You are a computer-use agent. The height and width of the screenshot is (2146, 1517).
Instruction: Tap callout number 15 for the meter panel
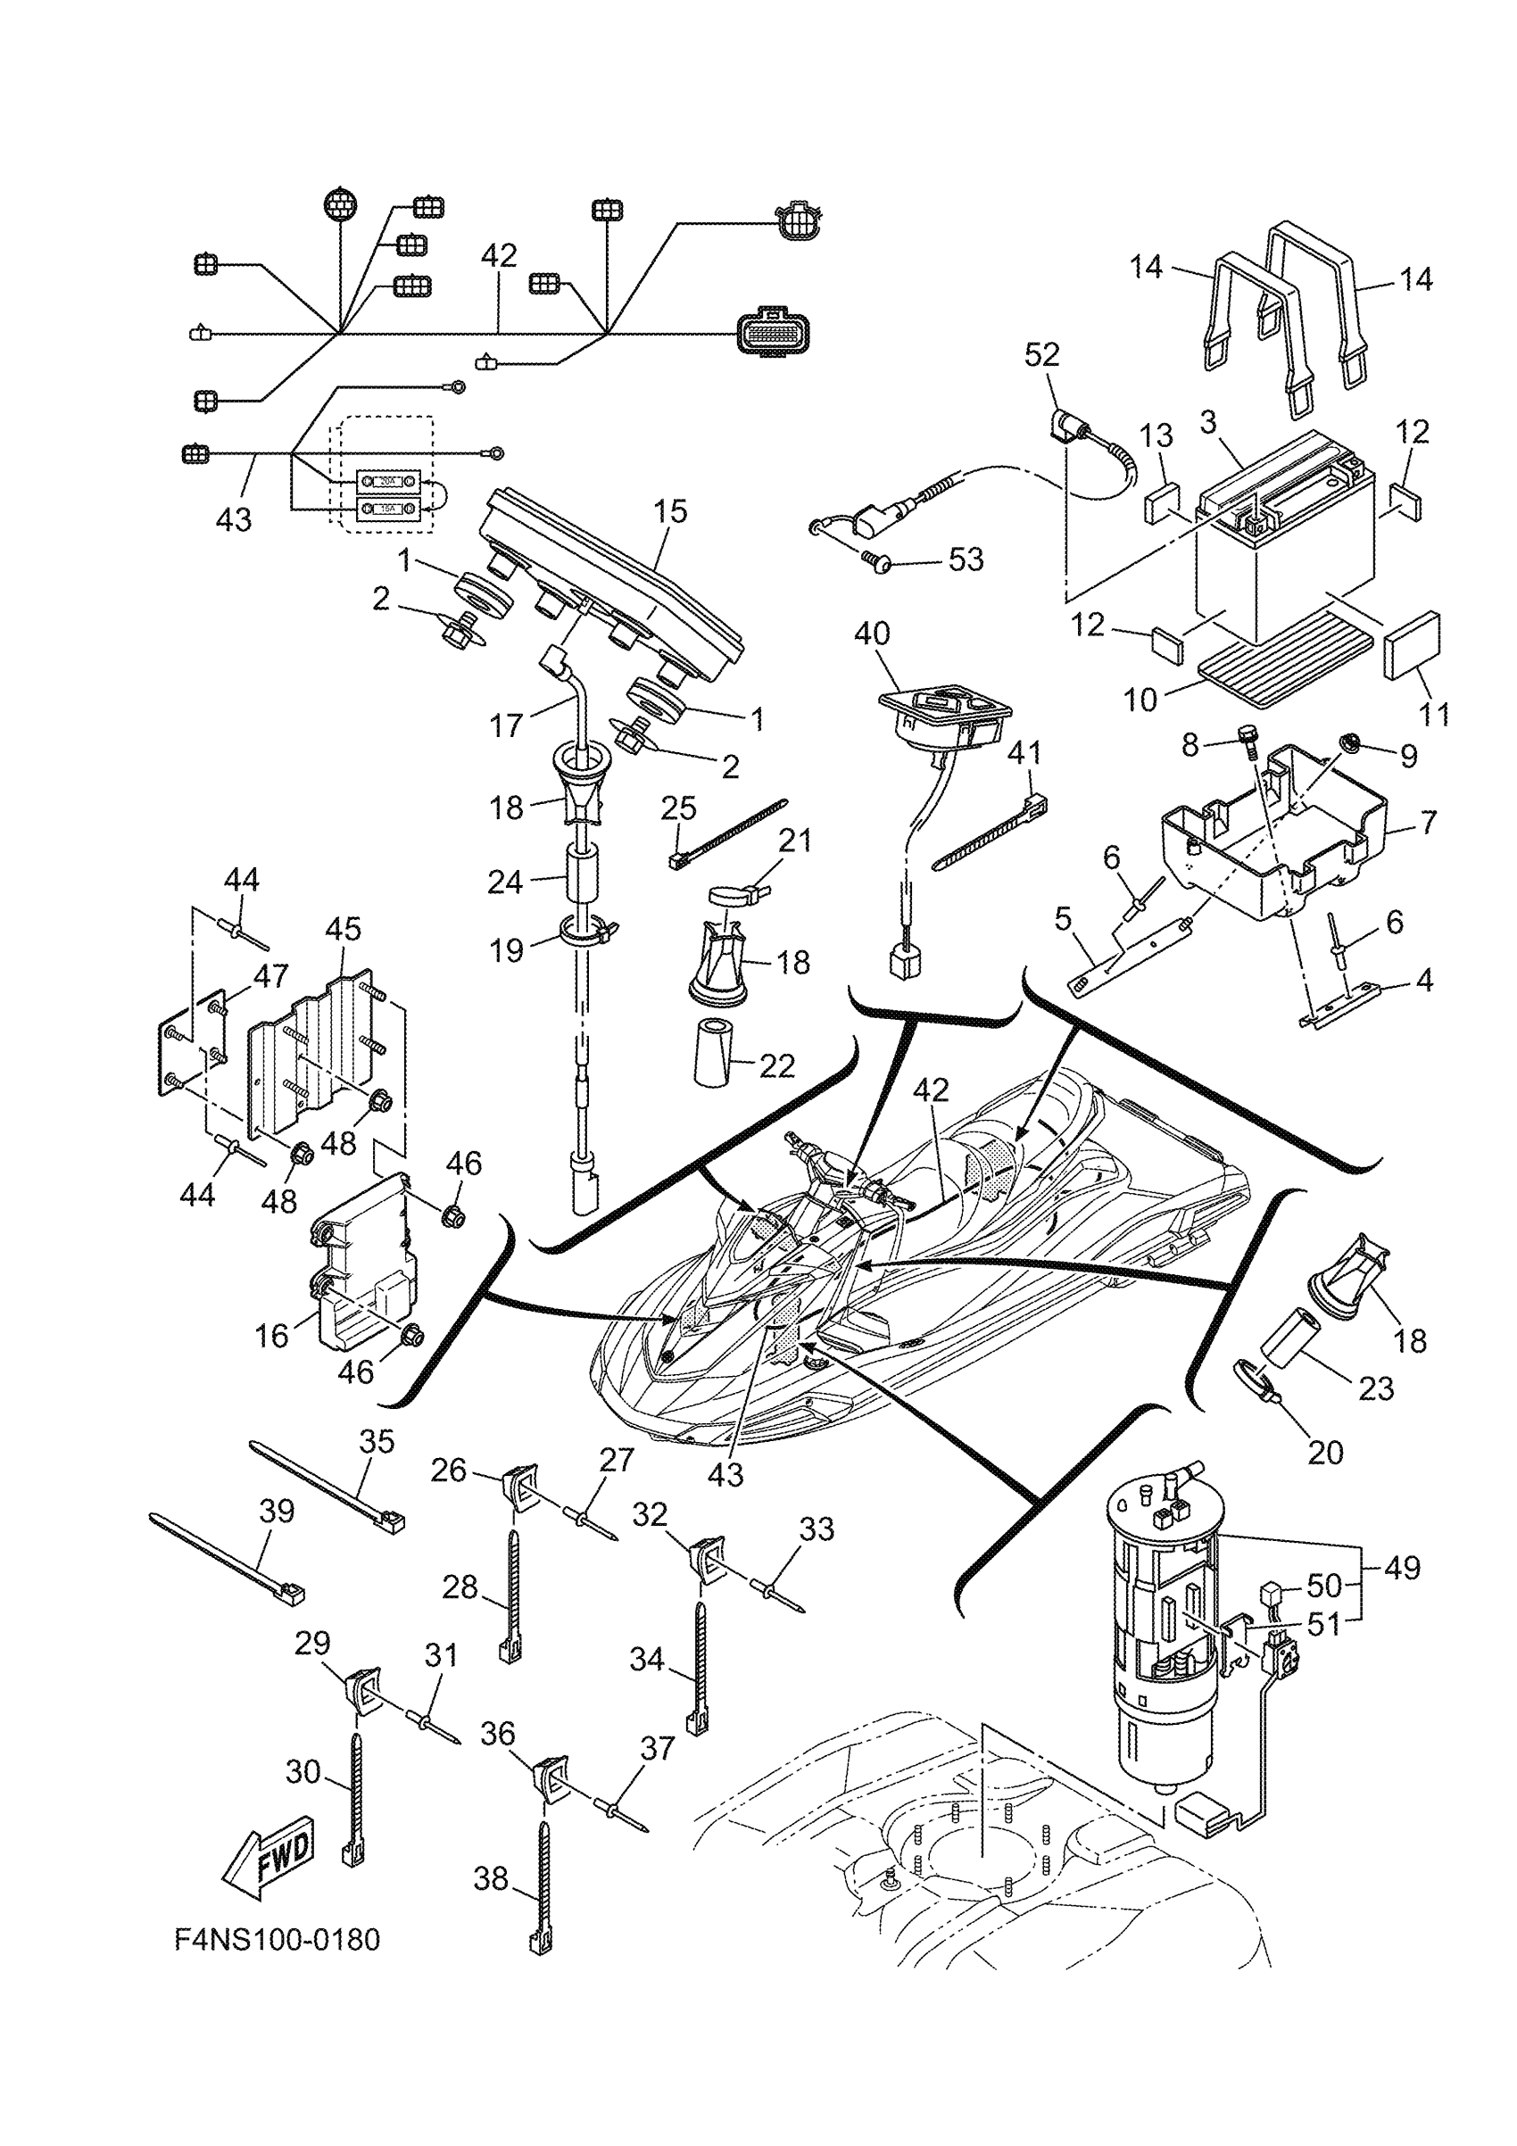[670, 511]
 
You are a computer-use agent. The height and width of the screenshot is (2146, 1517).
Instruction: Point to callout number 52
[1041, 355]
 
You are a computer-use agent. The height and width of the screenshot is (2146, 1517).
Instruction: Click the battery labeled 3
[1286, 543]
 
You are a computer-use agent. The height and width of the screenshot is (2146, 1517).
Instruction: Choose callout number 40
[871, 634]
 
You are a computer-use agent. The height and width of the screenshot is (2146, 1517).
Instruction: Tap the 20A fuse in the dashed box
[388, 480]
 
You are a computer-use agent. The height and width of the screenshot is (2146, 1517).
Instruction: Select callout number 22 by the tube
[776, 1066]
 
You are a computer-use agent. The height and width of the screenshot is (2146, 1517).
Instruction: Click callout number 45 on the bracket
[343, 929]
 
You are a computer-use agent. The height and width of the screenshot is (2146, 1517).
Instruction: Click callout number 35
[377, 1442]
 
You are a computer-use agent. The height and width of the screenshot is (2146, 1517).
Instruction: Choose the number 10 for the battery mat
[1140, 700]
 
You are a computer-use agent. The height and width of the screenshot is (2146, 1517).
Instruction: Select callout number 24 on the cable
[505, 881]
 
